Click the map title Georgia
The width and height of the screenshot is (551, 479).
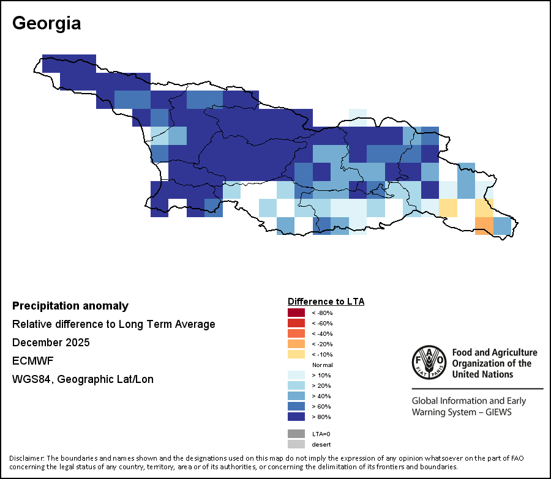47,23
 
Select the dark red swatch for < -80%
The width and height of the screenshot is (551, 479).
296,313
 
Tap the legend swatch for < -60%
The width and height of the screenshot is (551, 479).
296,323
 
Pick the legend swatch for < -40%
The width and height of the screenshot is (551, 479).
296,333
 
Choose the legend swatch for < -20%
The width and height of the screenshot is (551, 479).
296,344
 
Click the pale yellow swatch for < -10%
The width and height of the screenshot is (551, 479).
296,354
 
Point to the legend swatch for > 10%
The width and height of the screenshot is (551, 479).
296,375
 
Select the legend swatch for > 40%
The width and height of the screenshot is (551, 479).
296,396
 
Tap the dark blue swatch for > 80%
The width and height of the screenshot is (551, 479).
296,417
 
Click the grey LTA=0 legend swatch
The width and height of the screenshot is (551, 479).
296,434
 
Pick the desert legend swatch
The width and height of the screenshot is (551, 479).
296,444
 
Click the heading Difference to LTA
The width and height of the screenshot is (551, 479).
326,302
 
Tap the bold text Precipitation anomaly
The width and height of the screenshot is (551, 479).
70,306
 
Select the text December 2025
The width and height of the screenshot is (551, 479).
51,343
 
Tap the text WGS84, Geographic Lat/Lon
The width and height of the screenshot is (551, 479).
83,379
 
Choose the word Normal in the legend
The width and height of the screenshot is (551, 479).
322,365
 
